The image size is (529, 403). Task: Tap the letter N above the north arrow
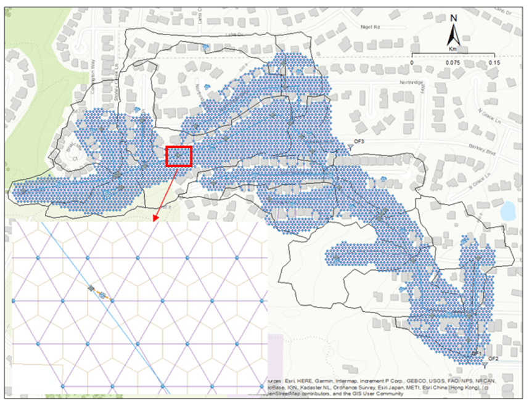(453, 18)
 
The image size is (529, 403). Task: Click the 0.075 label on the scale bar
(453, 63)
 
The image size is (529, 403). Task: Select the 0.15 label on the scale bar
(493, 63)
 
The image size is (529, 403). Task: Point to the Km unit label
(453, 48)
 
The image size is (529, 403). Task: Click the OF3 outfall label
(359, 142)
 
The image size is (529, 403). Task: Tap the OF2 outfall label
(493, 358)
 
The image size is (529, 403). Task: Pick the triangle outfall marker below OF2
(485, 364)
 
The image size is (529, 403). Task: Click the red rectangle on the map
(179, 156)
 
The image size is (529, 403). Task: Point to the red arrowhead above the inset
(155, 216)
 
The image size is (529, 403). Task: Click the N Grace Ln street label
(488, 114)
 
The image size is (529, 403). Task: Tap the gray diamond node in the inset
(91, 288)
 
